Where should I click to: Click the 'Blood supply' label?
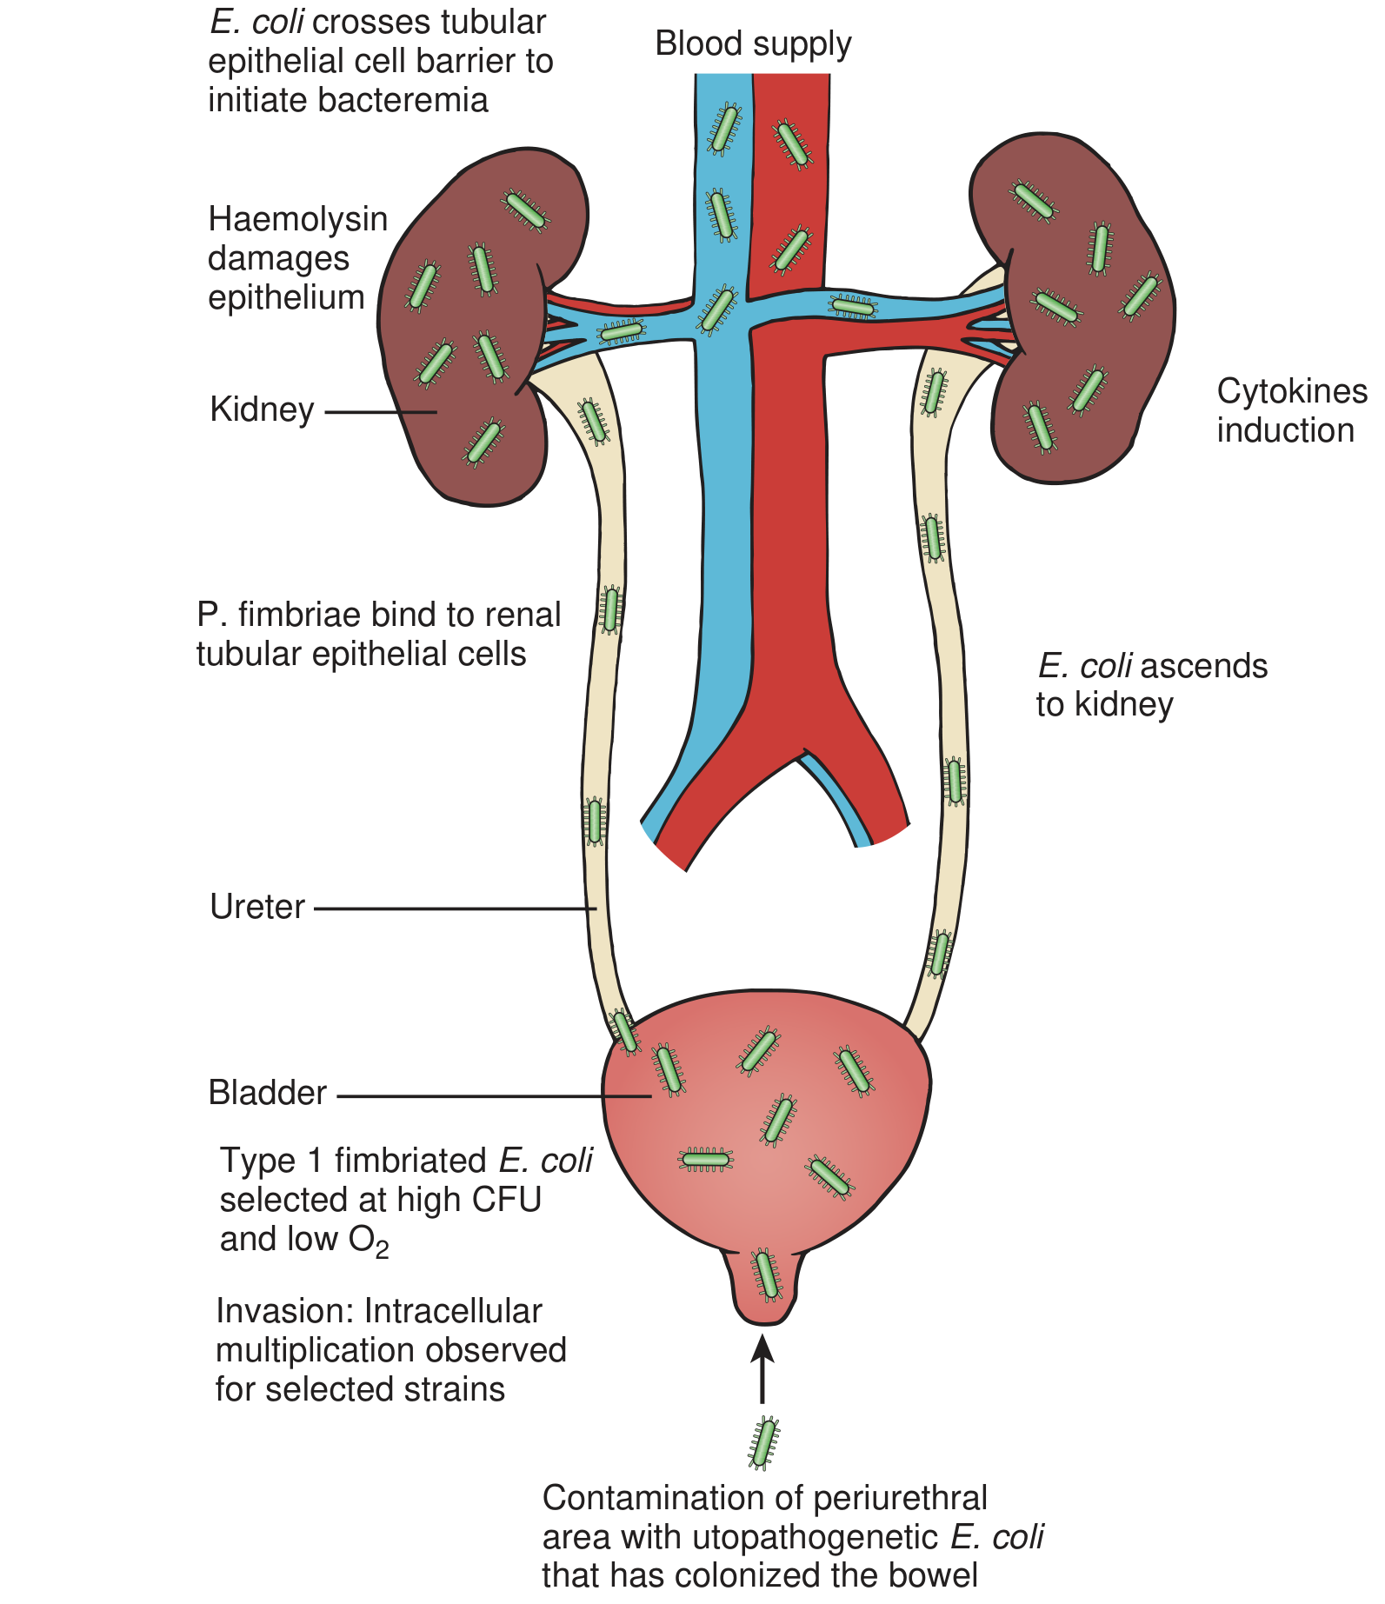(x=753, y=44)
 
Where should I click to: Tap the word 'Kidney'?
(x=262, y=409)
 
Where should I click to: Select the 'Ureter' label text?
(x=257, y=908)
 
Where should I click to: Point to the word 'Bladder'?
(x=267, y=1093)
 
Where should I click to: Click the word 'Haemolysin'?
(x=297, y=219)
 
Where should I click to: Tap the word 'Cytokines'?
(x=1291, y=391)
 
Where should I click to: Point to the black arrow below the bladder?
(x=762, y=1369)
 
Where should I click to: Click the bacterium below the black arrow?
(x=763, y=1444)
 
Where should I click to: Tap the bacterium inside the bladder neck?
(x=766, y=1275)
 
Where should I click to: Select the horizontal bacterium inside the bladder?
(x=706, y=1159)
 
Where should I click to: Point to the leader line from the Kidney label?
(x=380, y=412)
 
